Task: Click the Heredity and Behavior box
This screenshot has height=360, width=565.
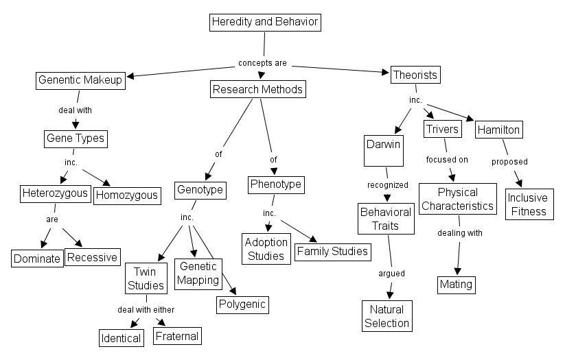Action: [265, 22]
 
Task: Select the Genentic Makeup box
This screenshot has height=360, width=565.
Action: [80, 80]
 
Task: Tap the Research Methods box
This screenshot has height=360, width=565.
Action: [257, 89]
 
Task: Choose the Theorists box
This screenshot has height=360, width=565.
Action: [415, 74]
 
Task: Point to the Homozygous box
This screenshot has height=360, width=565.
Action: [127, 195]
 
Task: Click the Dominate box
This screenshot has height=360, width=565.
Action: [36, 259]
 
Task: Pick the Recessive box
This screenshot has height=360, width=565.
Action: [92, 258]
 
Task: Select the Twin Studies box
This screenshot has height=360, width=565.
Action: [146, 278]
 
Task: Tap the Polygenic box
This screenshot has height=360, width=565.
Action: [242, 304]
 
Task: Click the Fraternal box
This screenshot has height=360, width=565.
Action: [177, 336]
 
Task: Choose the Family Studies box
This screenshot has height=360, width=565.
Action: [332, 252]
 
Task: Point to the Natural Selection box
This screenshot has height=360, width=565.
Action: [387, 315]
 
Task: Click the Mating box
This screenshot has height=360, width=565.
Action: [456, 283]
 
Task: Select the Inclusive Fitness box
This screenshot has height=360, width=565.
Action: [529, 204]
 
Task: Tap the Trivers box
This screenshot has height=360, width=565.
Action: [441, 129]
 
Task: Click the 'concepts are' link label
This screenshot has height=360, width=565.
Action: [262, 63]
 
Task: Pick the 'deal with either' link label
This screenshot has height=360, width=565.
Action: [146, 309]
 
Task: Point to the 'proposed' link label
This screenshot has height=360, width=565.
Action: [509, 162]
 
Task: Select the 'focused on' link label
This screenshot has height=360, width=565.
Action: [446, 160]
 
